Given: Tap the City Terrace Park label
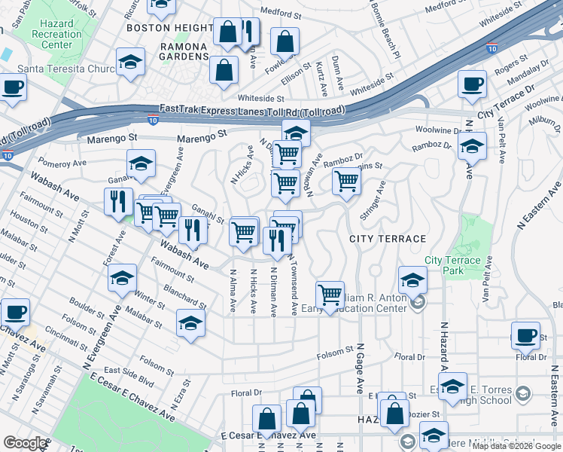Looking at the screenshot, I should point(452,265).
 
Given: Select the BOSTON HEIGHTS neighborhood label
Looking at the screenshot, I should point(170,28).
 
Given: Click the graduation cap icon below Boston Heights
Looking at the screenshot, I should point(130,62).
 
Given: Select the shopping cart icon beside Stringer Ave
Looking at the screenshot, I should point(345,180).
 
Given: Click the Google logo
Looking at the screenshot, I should point(25,443).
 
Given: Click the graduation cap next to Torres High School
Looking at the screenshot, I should point(452,387).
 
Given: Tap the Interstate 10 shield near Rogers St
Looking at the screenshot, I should point(492,47).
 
